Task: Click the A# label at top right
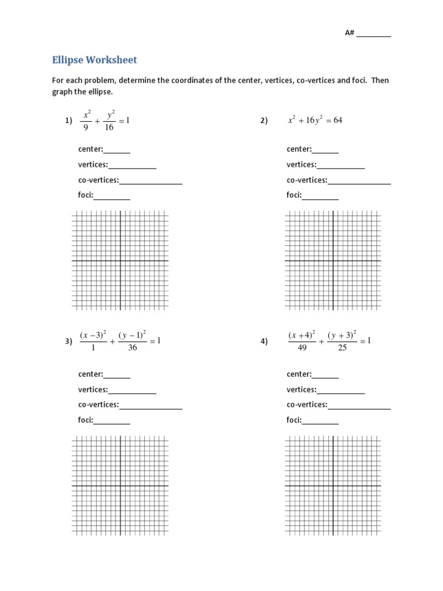(349, 33)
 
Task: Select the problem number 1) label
(68, 121)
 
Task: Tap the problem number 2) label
(264, 121)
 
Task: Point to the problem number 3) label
(68, 341)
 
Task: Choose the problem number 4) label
(264, 341)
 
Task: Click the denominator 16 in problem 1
(109, 127)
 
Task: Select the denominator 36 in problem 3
(132, 348)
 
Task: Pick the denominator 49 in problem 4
(302, 348)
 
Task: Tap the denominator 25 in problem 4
(342, 348)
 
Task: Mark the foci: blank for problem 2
(320, 195)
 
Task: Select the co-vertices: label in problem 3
(99, 405)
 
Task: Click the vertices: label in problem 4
(302, 390)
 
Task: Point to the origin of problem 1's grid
(120, 261)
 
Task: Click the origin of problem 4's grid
(333, 486)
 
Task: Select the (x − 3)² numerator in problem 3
(92, 335)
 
